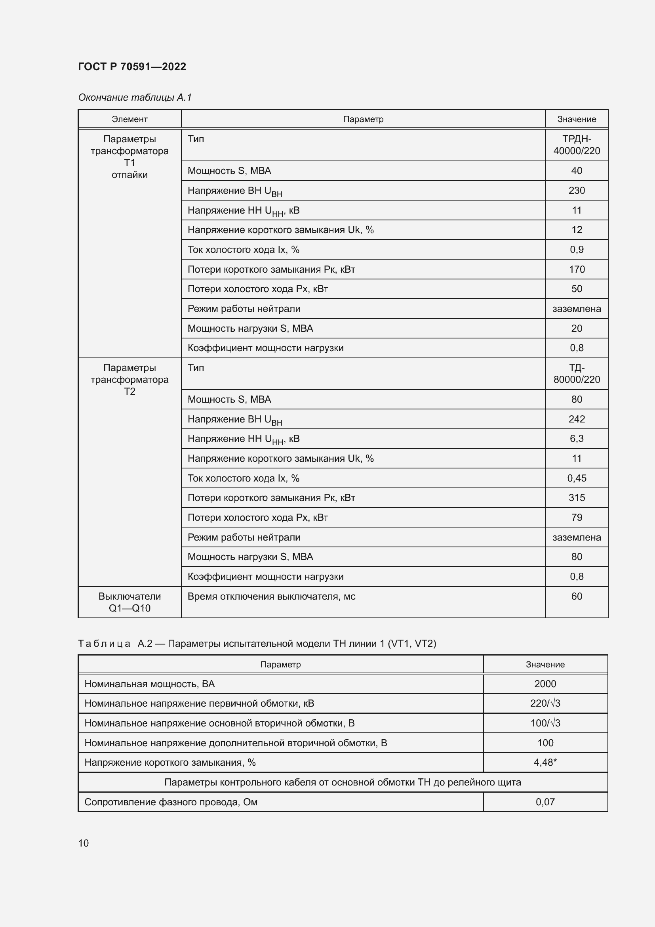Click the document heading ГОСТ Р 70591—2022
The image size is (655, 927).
pyautogui.click(x=132, y=67)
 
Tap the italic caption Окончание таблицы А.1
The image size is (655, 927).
pyautogui.click(x=135, y=97)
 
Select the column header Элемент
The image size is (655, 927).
pyautogui.click(x=129, y=119)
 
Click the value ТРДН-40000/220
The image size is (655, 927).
pyautogui.click(x=576, y=145)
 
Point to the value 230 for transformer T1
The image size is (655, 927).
pyautogui.click(x=576, y=190)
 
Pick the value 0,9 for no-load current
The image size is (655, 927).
pyautogui.click(x=576, y=250)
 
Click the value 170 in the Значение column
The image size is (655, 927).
pyautogui.click(x=576, y=269)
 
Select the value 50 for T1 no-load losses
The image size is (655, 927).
pyautogui.click(x=576, y=289)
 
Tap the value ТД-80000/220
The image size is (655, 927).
pyautogui.click(x=576, y=373)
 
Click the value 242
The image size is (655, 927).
pyautogui.click(x=576, y=419)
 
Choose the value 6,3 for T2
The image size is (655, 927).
pyautogui.click(x=576, y=438)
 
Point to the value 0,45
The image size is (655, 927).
pyautogui.click(x=576, y=478)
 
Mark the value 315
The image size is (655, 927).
pyautogui.click(x=576, y=497)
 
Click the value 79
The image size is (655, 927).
pyautogui.click(x=576, y=517)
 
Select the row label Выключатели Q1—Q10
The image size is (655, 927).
pyautogui.click(x=129, y=602)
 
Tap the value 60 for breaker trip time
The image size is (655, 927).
pyautogui.click(x=576, y=596)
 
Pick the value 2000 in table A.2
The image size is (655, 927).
pyautogui.click(x=545, y=684)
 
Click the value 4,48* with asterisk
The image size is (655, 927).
pyautogui.click(x=545, y=762)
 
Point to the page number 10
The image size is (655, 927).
pyautogui.click(x=84, y=843)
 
